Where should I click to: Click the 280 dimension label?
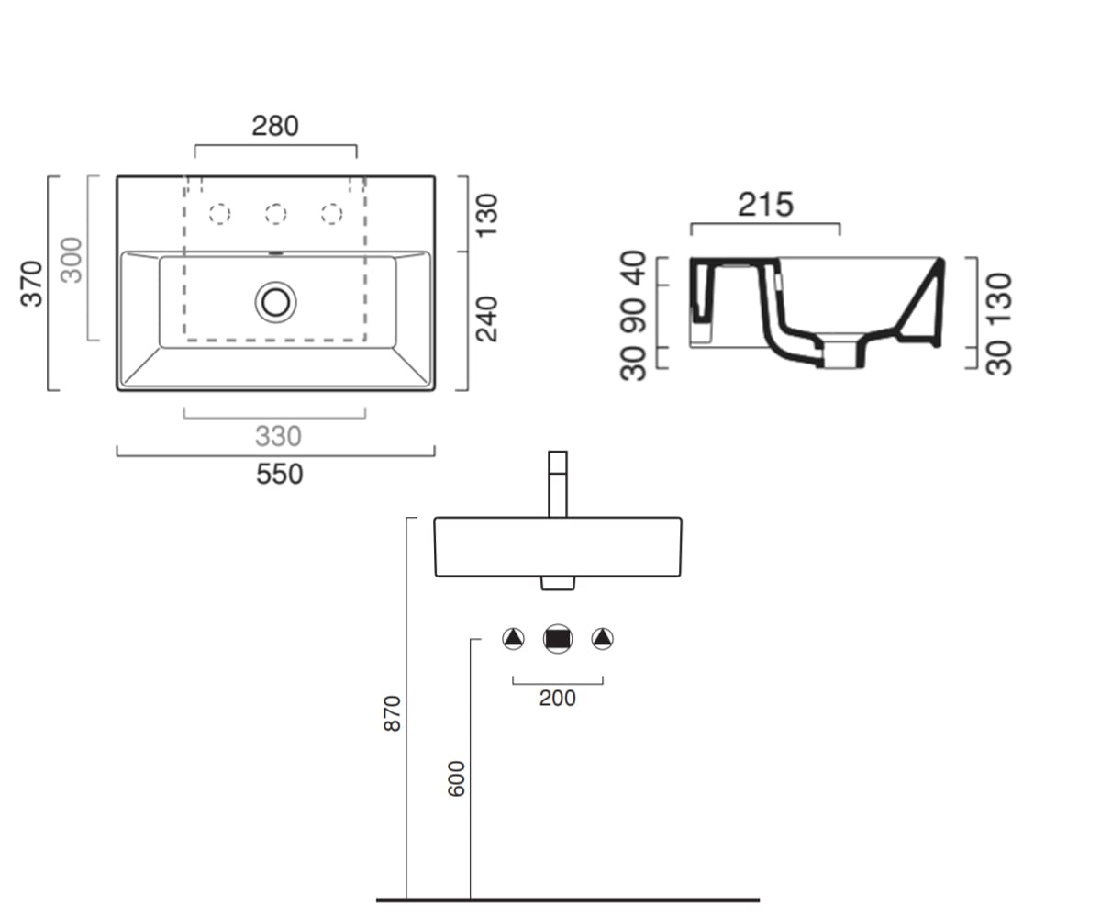(x=274, y=126)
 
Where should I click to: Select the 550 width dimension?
(x=280, y=474)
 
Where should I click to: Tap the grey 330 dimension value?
(x=278, y=436)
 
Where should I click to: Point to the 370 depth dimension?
(x=31, y=284)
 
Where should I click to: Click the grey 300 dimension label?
(x=72, y=260)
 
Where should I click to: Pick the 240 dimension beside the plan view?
(x=486, y=319)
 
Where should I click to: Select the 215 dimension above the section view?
(x=765, y=205)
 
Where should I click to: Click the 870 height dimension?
(x=393, y=713)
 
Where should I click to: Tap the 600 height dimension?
(x=456, y=778)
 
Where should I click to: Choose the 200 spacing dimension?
(x=557, y=698)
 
